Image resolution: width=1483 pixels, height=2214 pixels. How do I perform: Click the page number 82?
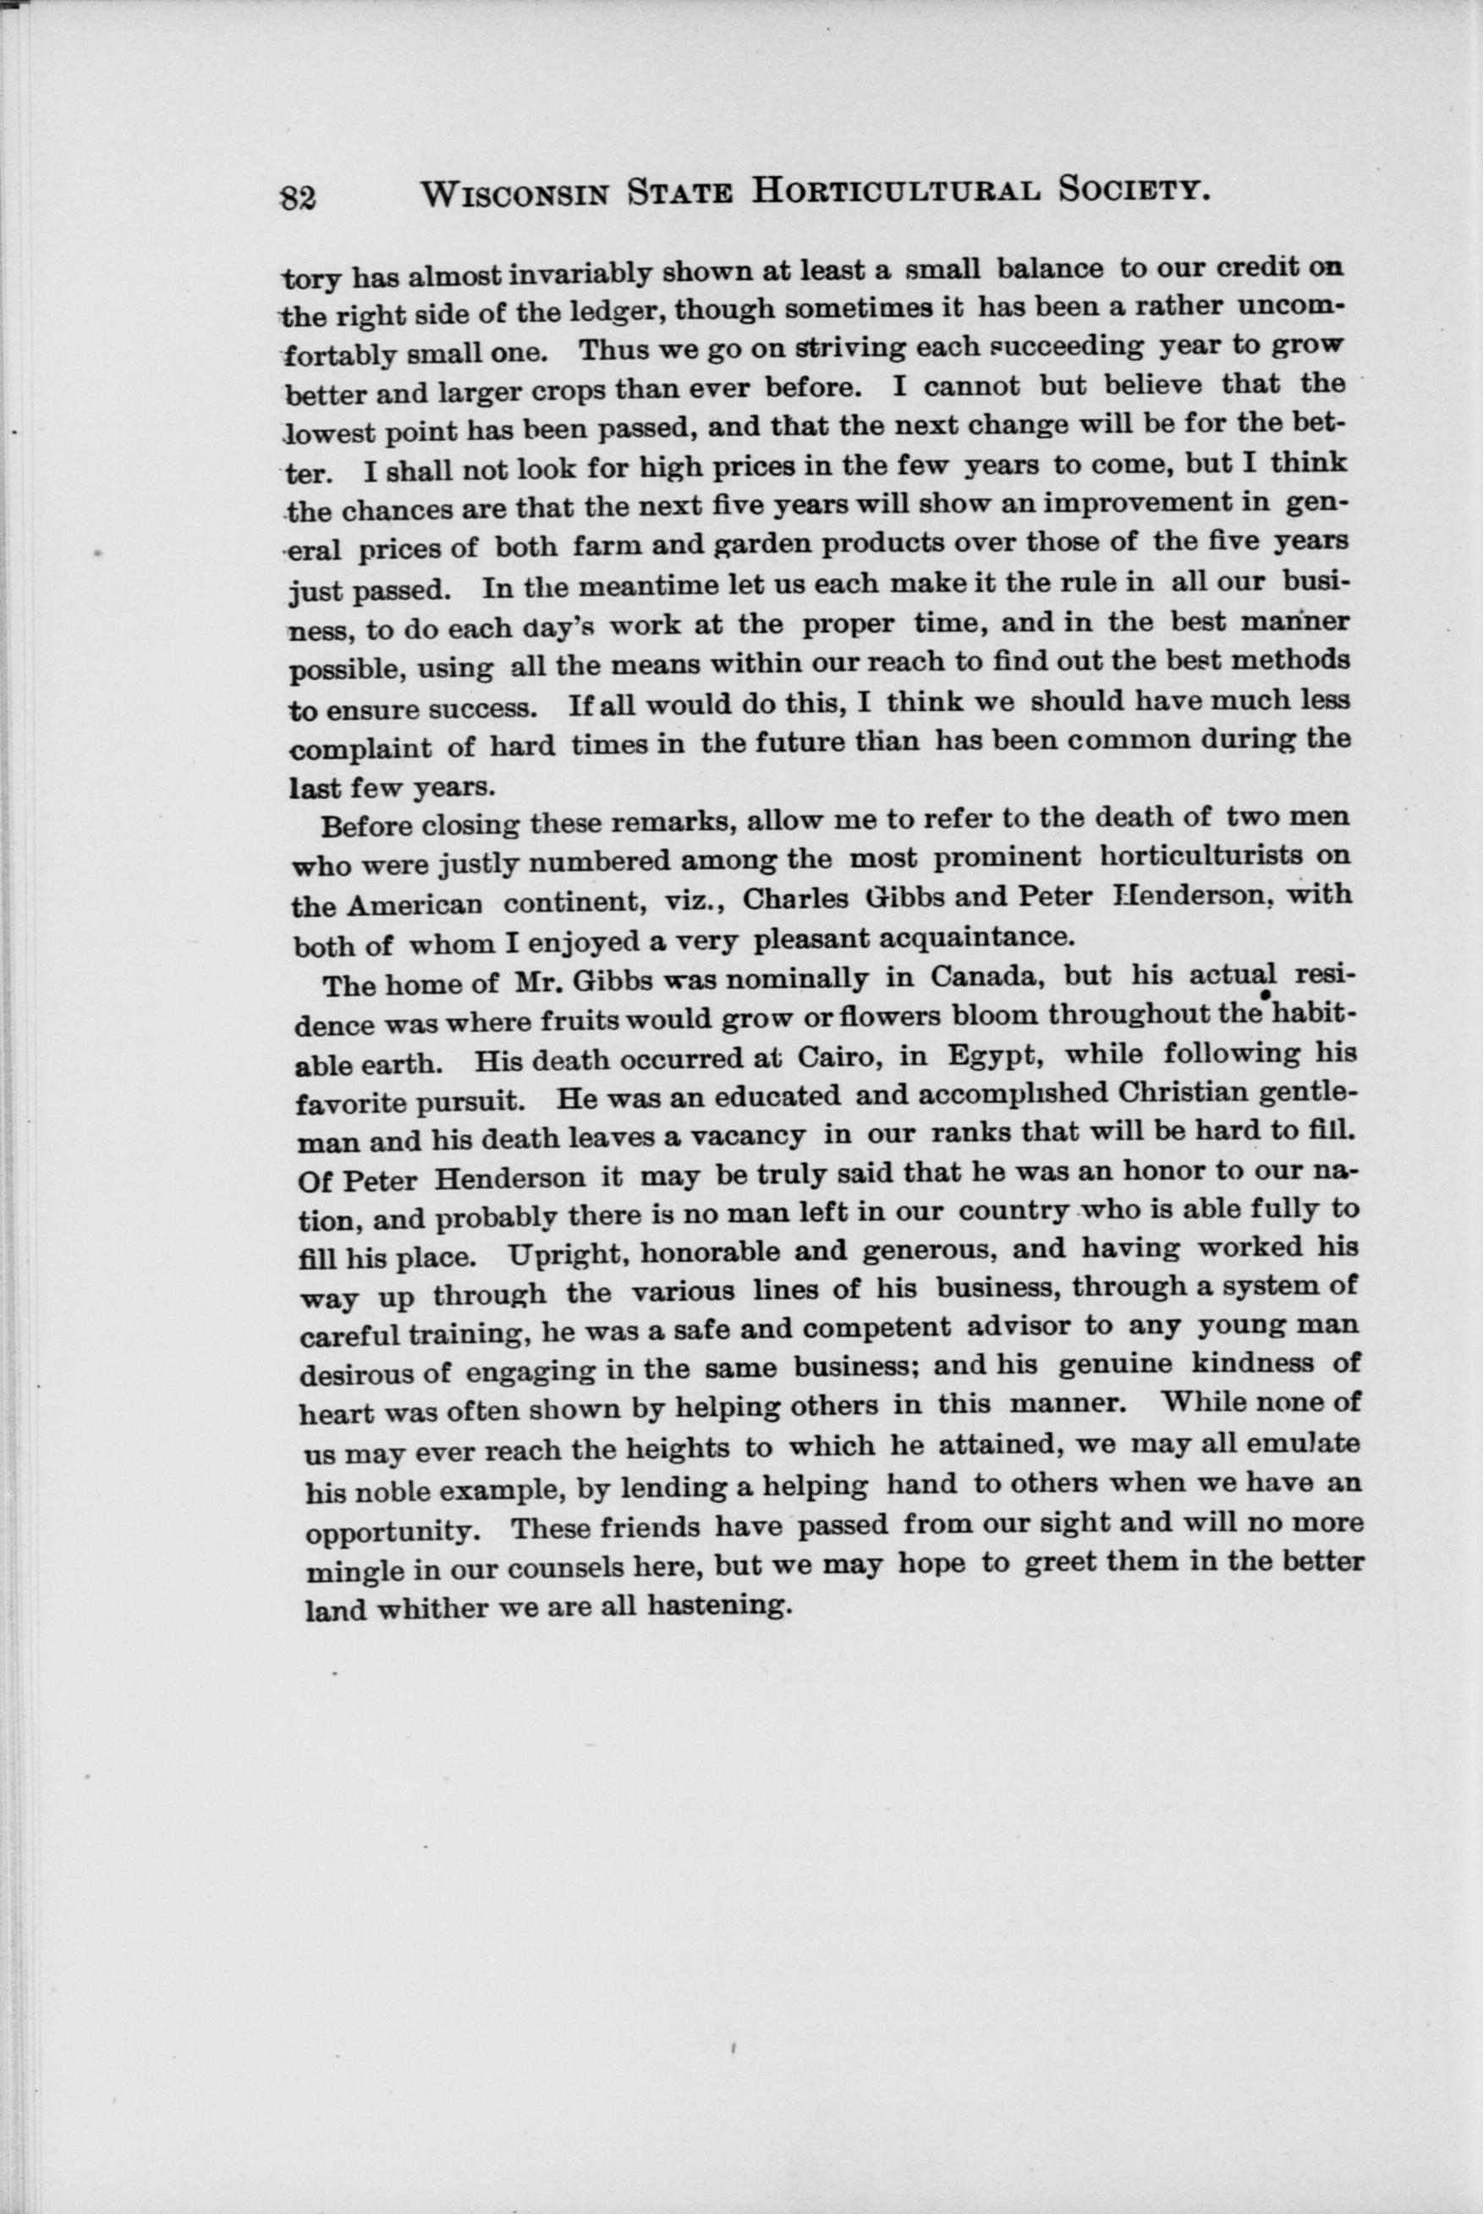[299, 197]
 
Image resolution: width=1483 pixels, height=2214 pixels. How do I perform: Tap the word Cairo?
[838, 1056]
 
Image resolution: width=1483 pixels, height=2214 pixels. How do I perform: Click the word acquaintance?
[977, 938]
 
